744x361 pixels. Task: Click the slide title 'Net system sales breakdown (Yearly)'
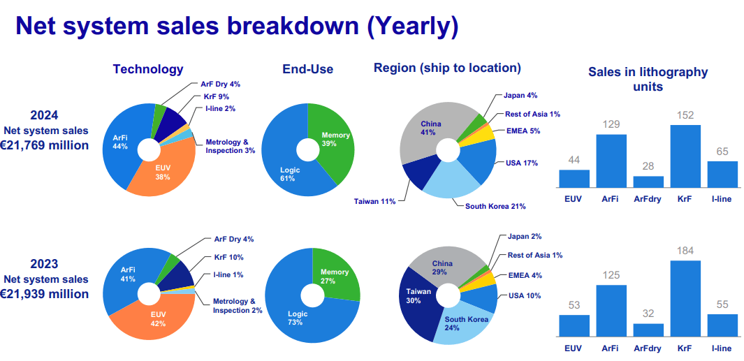point(237,26)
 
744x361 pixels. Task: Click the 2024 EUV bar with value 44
point(574,179)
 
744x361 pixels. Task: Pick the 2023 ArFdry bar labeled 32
point(648,330)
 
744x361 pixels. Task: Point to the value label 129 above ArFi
point(611,124)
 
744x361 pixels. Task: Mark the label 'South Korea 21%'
point(495,206)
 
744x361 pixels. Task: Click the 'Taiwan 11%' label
point(375,201)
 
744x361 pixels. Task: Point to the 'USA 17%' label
point(521,163)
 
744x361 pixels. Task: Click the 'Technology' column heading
point(148,69)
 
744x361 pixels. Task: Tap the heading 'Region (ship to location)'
point(447,68)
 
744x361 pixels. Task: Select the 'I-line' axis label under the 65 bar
point(722,198)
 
